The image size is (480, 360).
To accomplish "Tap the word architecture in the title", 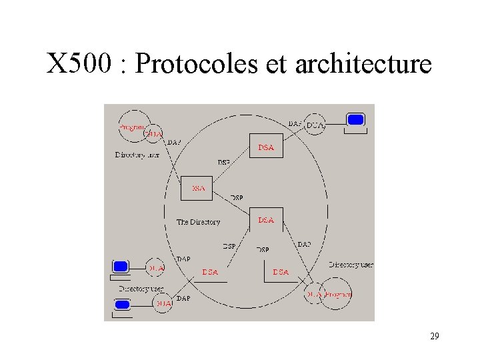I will pyautogui.click(x=363, y=64).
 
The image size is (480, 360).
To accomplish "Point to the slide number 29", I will pyautogui.click(x=434, y=337).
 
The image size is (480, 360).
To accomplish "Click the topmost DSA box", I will pyautogui.click(x=266, y=147).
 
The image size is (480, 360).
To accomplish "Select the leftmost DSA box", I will pyautogui.click(x=198, y=187).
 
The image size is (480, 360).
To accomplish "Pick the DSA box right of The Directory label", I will pyautogui.click(x=266, y=219).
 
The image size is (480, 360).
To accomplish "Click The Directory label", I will pyautogui.click(x=198, y=222).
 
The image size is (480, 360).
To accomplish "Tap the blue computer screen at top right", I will pyautogui.click(x=356, y=120).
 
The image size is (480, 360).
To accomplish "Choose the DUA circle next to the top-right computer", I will pyautogui.click(x=315, y=125).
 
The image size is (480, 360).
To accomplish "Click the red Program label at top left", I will pyautogui.click(x=132, y=126).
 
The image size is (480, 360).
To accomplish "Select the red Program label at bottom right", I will pyautogui.click(x=338, y=294).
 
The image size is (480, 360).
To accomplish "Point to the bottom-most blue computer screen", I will pyautogui.click(x=122, y=305).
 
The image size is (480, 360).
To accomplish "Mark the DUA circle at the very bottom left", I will pyautogui.click(x=163, y=303).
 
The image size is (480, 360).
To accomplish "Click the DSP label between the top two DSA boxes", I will pyautogui.click(x=225, y=162).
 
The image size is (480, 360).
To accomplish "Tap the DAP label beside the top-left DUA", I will pyautogui.click(x=173, y=142).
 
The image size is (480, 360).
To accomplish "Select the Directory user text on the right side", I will pyautogui.click(x=351, y=265).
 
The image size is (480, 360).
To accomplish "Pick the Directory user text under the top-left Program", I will pyautogui.click(x=137, y=155).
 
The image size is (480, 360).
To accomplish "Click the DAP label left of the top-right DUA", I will pyautogui.click(x=295, y=123).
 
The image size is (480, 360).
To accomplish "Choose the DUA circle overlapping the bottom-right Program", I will pyautogui.click(x=314, y=294).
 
